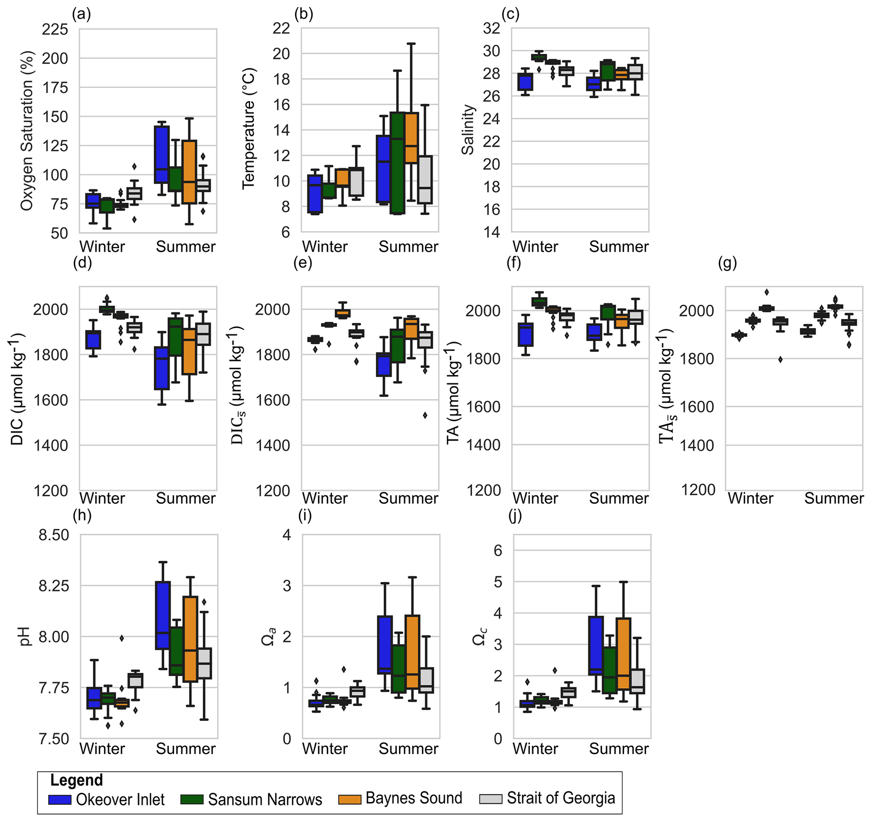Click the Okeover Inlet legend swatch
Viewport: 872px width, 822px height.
[59, 799]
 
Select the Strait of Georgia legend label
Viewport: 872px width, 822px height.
[561, 798]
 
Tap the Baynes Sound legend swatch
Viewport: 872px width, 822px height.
[349, 799]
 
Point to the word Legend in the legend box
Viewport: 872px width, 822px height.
[76, 780]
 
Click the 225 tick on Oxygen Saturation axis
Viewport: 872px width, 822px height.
[55, 29]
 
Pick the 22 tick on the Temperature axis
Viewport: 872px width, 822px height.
[281, 29]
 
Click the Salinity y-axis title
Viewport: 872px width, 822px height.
[468, 130]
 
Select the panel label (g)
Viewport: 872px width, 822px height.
[728, 263]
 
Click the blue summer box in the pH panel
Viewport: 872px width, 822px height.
[163, 615]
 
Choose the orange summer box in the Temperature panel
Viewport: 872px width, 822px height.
[411, 138]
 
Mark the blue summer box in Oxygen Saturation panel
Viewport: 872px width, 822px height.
[162, 154]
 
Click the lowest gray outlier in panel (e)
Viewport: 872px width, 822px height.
[425, 415]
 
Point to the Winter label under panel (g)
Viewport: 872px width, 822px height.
[751, 498]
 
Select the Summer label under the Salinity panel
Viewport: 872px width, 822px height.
[618, 247]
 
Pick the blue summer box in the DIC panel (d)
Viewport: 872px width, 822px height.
[162, 368]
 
